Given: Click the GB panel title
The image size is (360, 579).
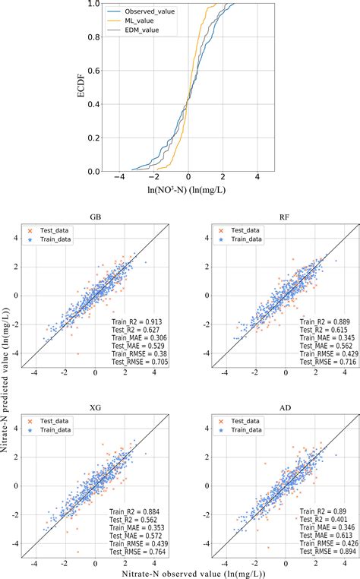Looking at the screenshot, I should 95,217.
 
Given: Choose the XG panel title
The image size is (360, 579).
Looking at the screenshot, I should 95,386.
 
